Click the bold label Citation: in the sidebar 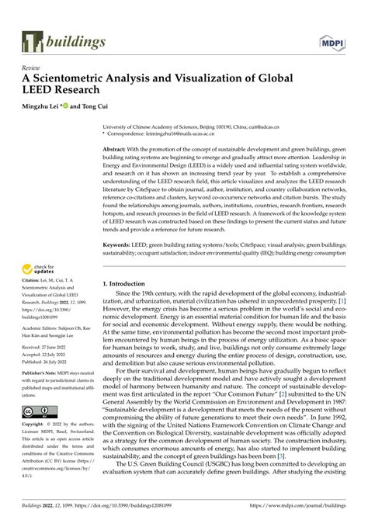click(x=33, y=289)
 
